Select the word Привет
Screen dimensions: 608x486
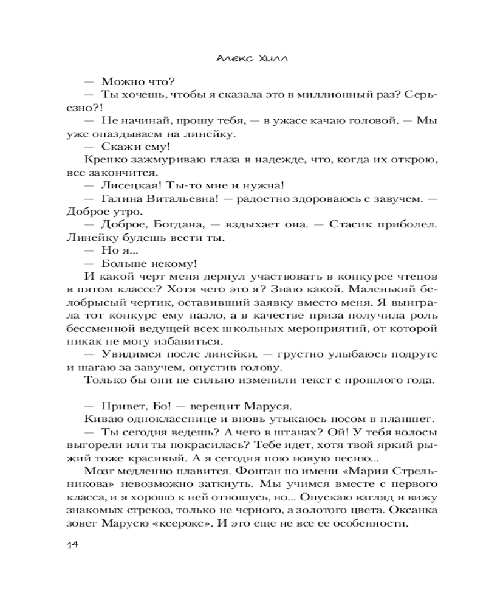tap(122, 406)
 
